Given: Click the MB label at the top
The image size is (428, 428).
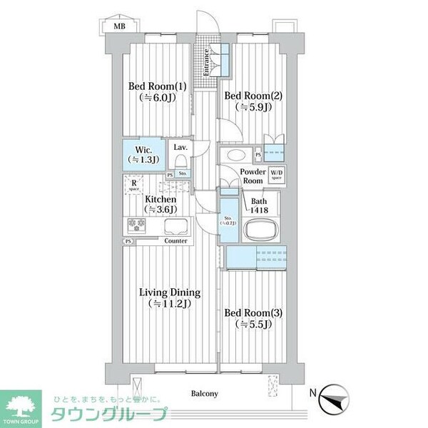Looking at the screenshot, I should tap(116, 26).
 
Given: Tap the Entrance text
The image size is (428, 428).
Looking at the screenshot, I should tap(206, 63).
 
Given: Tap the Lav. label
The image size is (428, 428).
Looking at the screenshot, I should tap(180, 148).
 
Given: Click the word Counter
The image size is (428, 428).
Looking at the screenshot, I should tap(175, 241).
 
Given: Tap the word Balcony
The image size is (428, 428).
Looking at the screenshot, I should tap(204, 394).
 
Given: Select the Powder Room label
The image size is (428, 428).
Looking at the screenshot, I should tap(253, 176).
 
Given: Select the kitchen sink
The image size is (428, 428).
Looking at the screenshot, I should tap(176, 227).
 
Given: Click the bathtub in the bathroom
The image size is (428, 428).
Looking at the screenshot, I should tap(260, 231).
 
